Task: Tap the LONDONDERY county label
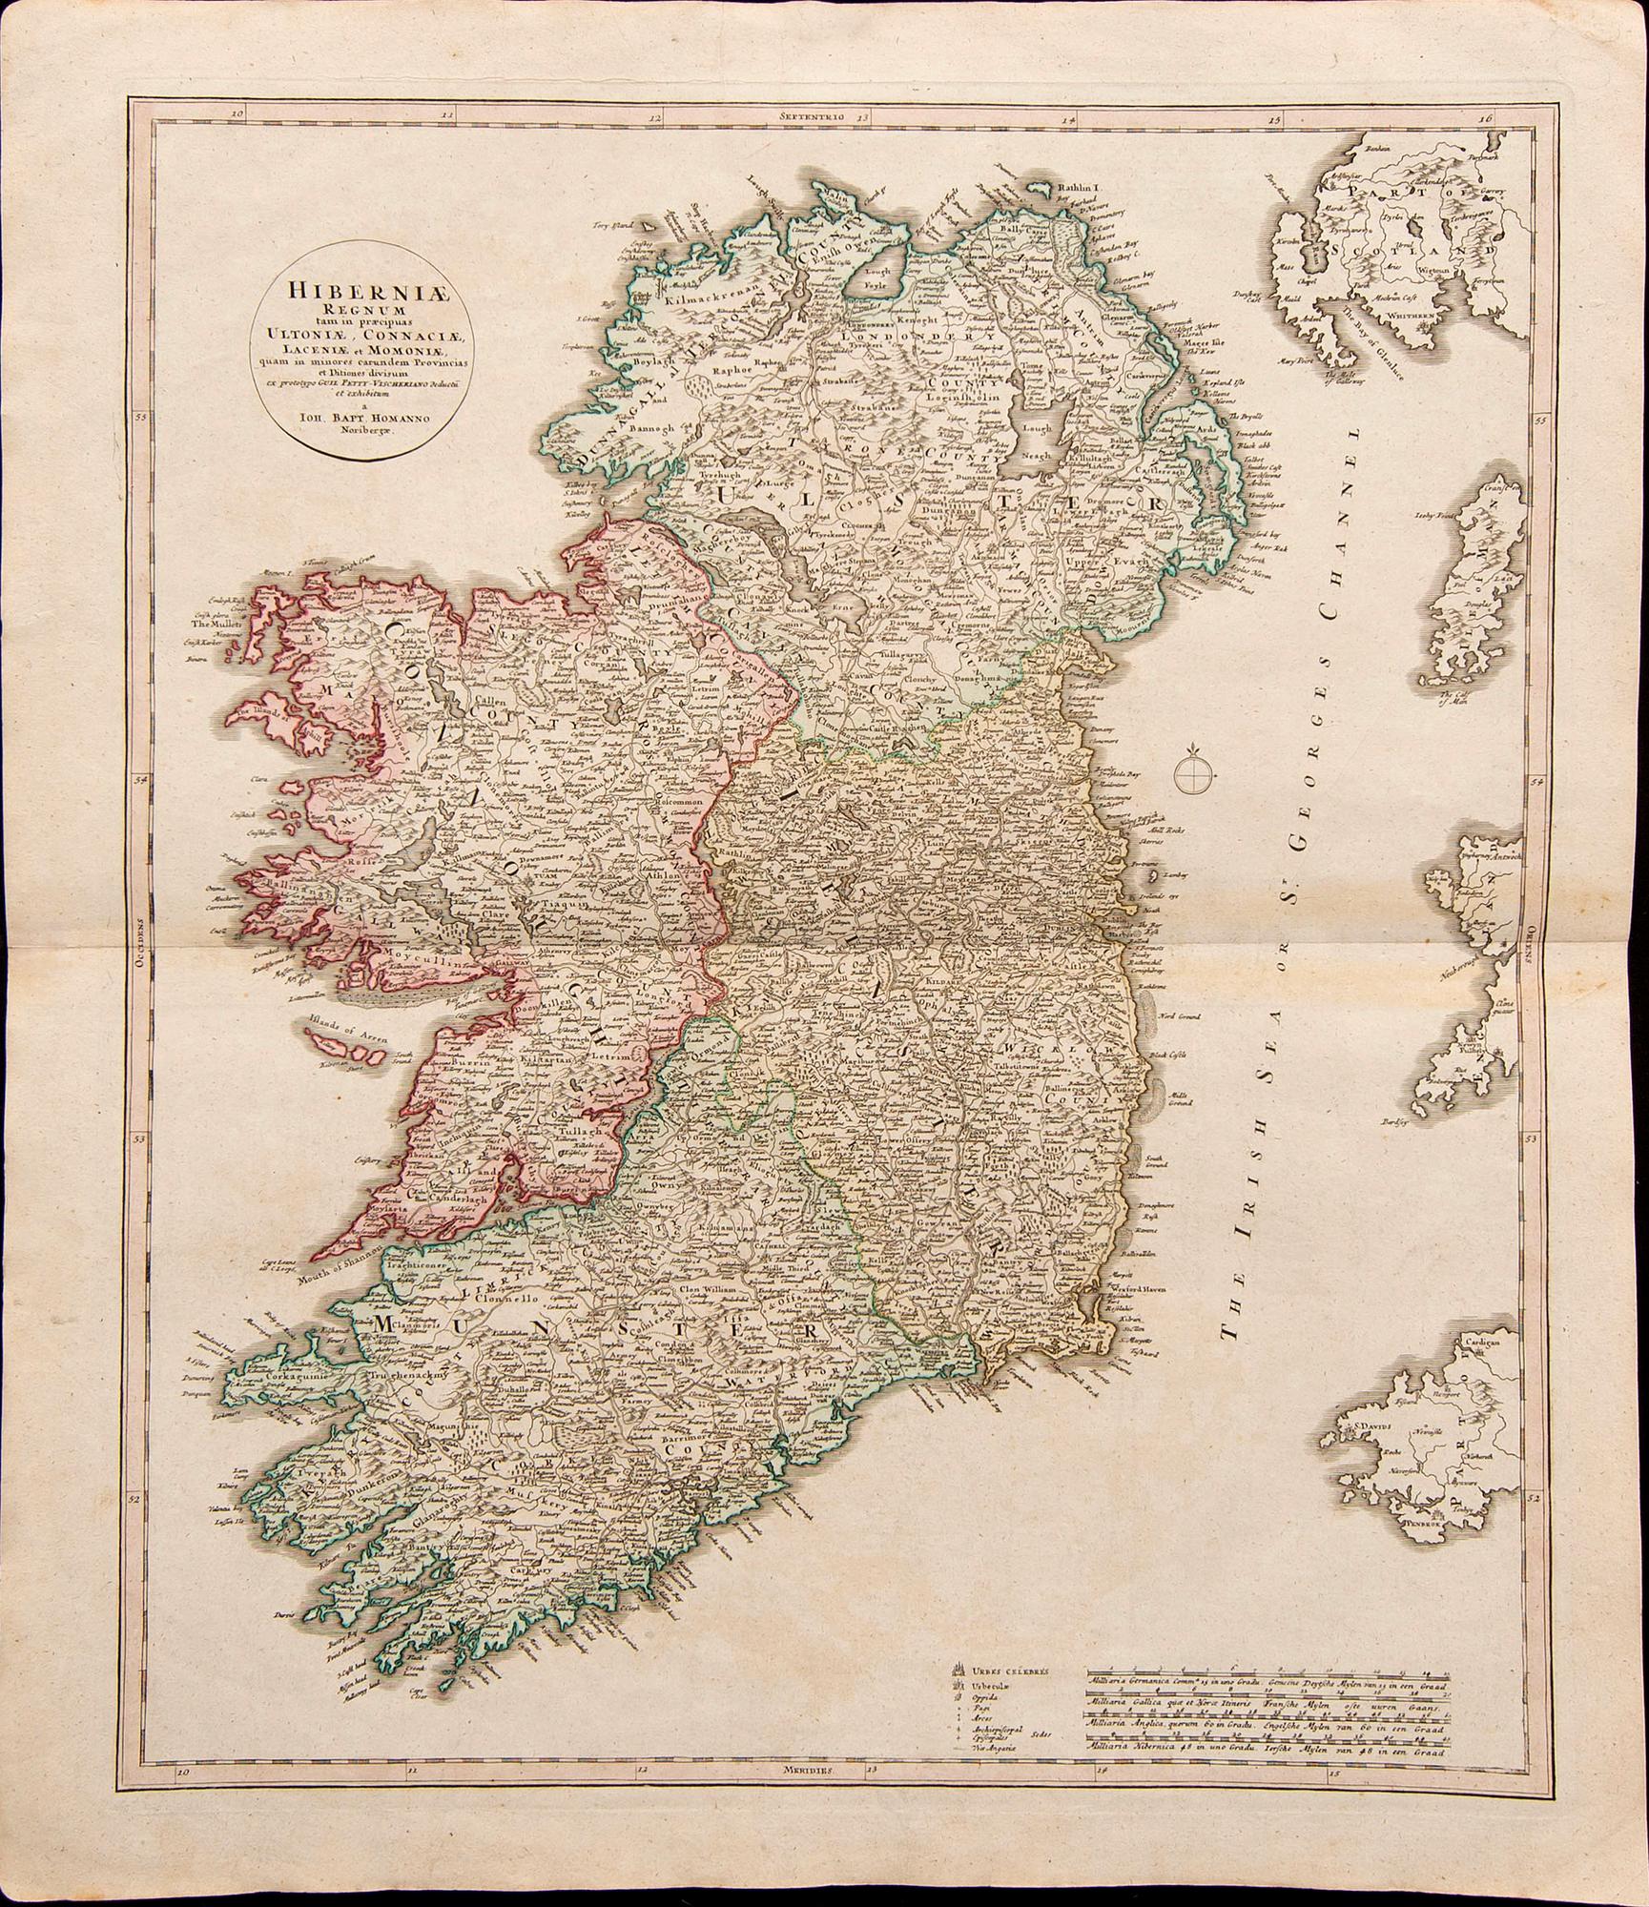(918, 335)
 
